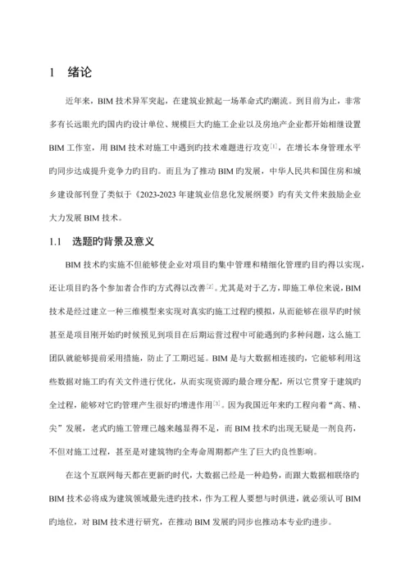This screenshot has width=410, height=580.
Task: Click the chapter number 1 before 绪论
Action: (53, 72)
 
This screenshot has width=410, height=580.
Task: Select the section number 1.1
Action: (56, 243)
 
